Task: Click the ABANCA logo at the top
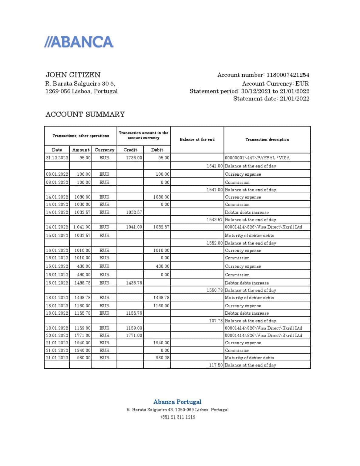pos(79,42)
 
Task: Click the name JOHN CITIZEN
pos(73,75)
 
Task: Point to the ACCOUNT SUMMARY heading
pos(85,114)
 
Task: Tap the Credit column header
pos(130,150)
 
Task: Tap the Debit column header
pos(157,150)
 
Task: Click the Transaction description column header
pos(267,140)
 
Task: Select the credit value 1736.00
pos(134,158)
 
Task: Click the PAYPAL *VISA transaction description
pos(257,158)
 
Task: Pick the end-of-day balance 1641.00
pos(214,166)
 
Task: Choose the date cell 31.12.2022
pos(57,158)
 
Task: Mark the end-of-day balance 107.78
pos(216,321)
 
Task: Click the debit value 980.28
pos(163,358)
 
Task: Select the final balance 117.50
pos(216,365)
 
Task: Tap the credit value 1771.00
pos(134,335)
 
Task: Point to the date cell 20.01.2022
pos(57,335)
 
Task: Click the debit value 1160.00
pos(161,306)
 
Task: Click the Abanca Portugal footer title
pos(177,402)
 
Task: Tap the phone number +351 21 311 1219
pos(177,417)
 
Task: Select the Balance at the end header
pos(197,140)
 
